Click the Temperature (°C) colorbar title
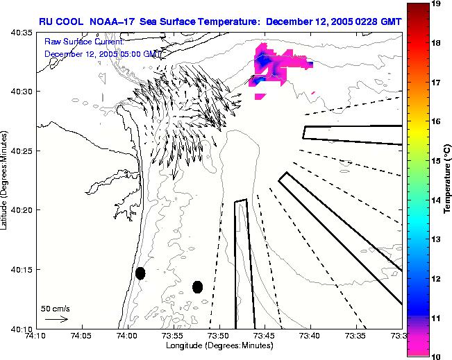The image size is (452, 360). (449, 180)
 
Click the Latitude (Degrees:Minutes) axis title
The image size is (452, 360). (5, 180)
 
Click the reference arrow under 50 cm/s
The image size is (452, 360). (56, 319)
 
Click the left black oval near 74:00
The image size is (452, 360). (140, 273)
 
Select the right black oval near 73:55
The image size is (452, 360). (198, 286)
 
